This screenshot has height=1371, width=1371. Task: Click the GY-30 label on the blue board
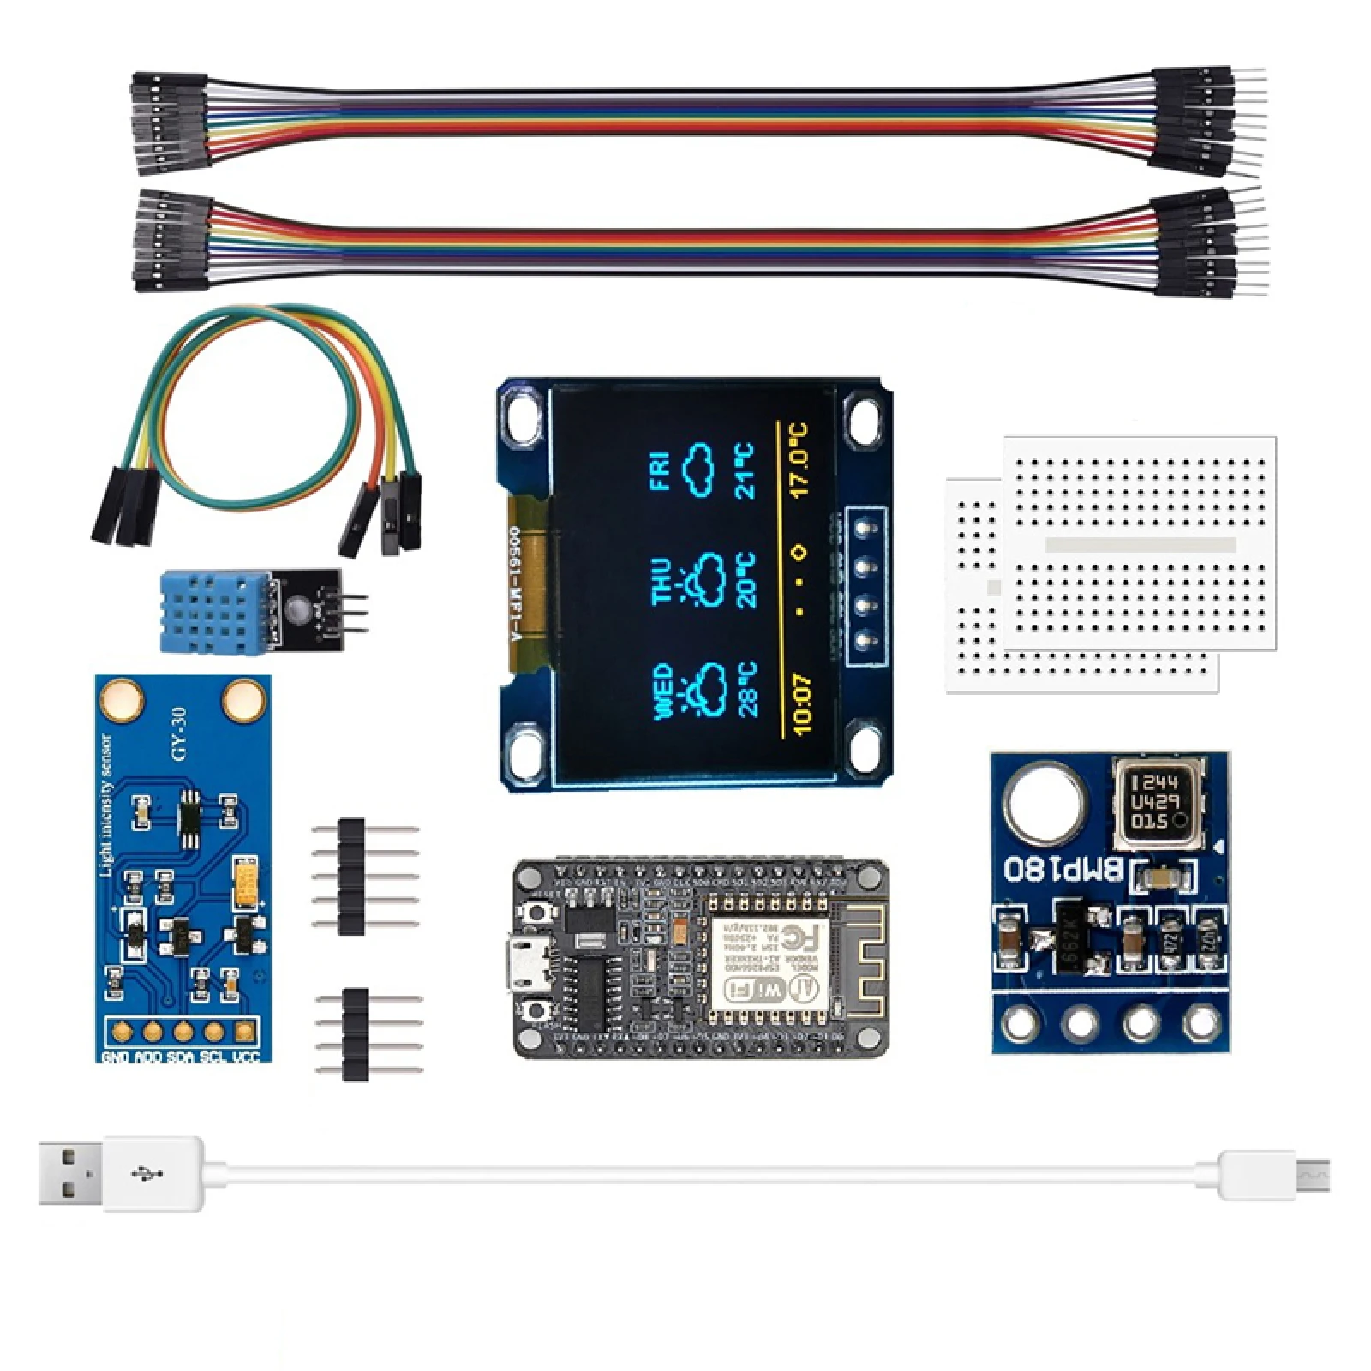(x=178, y=733)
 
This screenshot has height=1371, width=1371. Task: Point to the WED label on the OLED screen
(x=663, y=691)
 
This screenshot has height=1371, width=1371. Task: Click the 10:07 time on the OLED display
(x=802, y=703)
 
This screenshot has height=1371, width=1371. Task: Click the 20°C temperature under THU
(x=745, y=580)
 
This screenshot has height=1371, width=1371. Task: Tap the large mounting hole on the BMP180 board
(x=1045, y=804)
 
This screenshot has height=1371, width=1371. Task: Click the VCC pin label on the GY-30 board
(x=246, y=1056)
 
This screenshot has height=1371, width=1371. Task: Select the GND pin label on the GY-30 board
(x=116, y=1056)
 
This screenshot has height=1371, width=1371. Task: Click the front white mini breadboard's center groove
(x=1141, y=545)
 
